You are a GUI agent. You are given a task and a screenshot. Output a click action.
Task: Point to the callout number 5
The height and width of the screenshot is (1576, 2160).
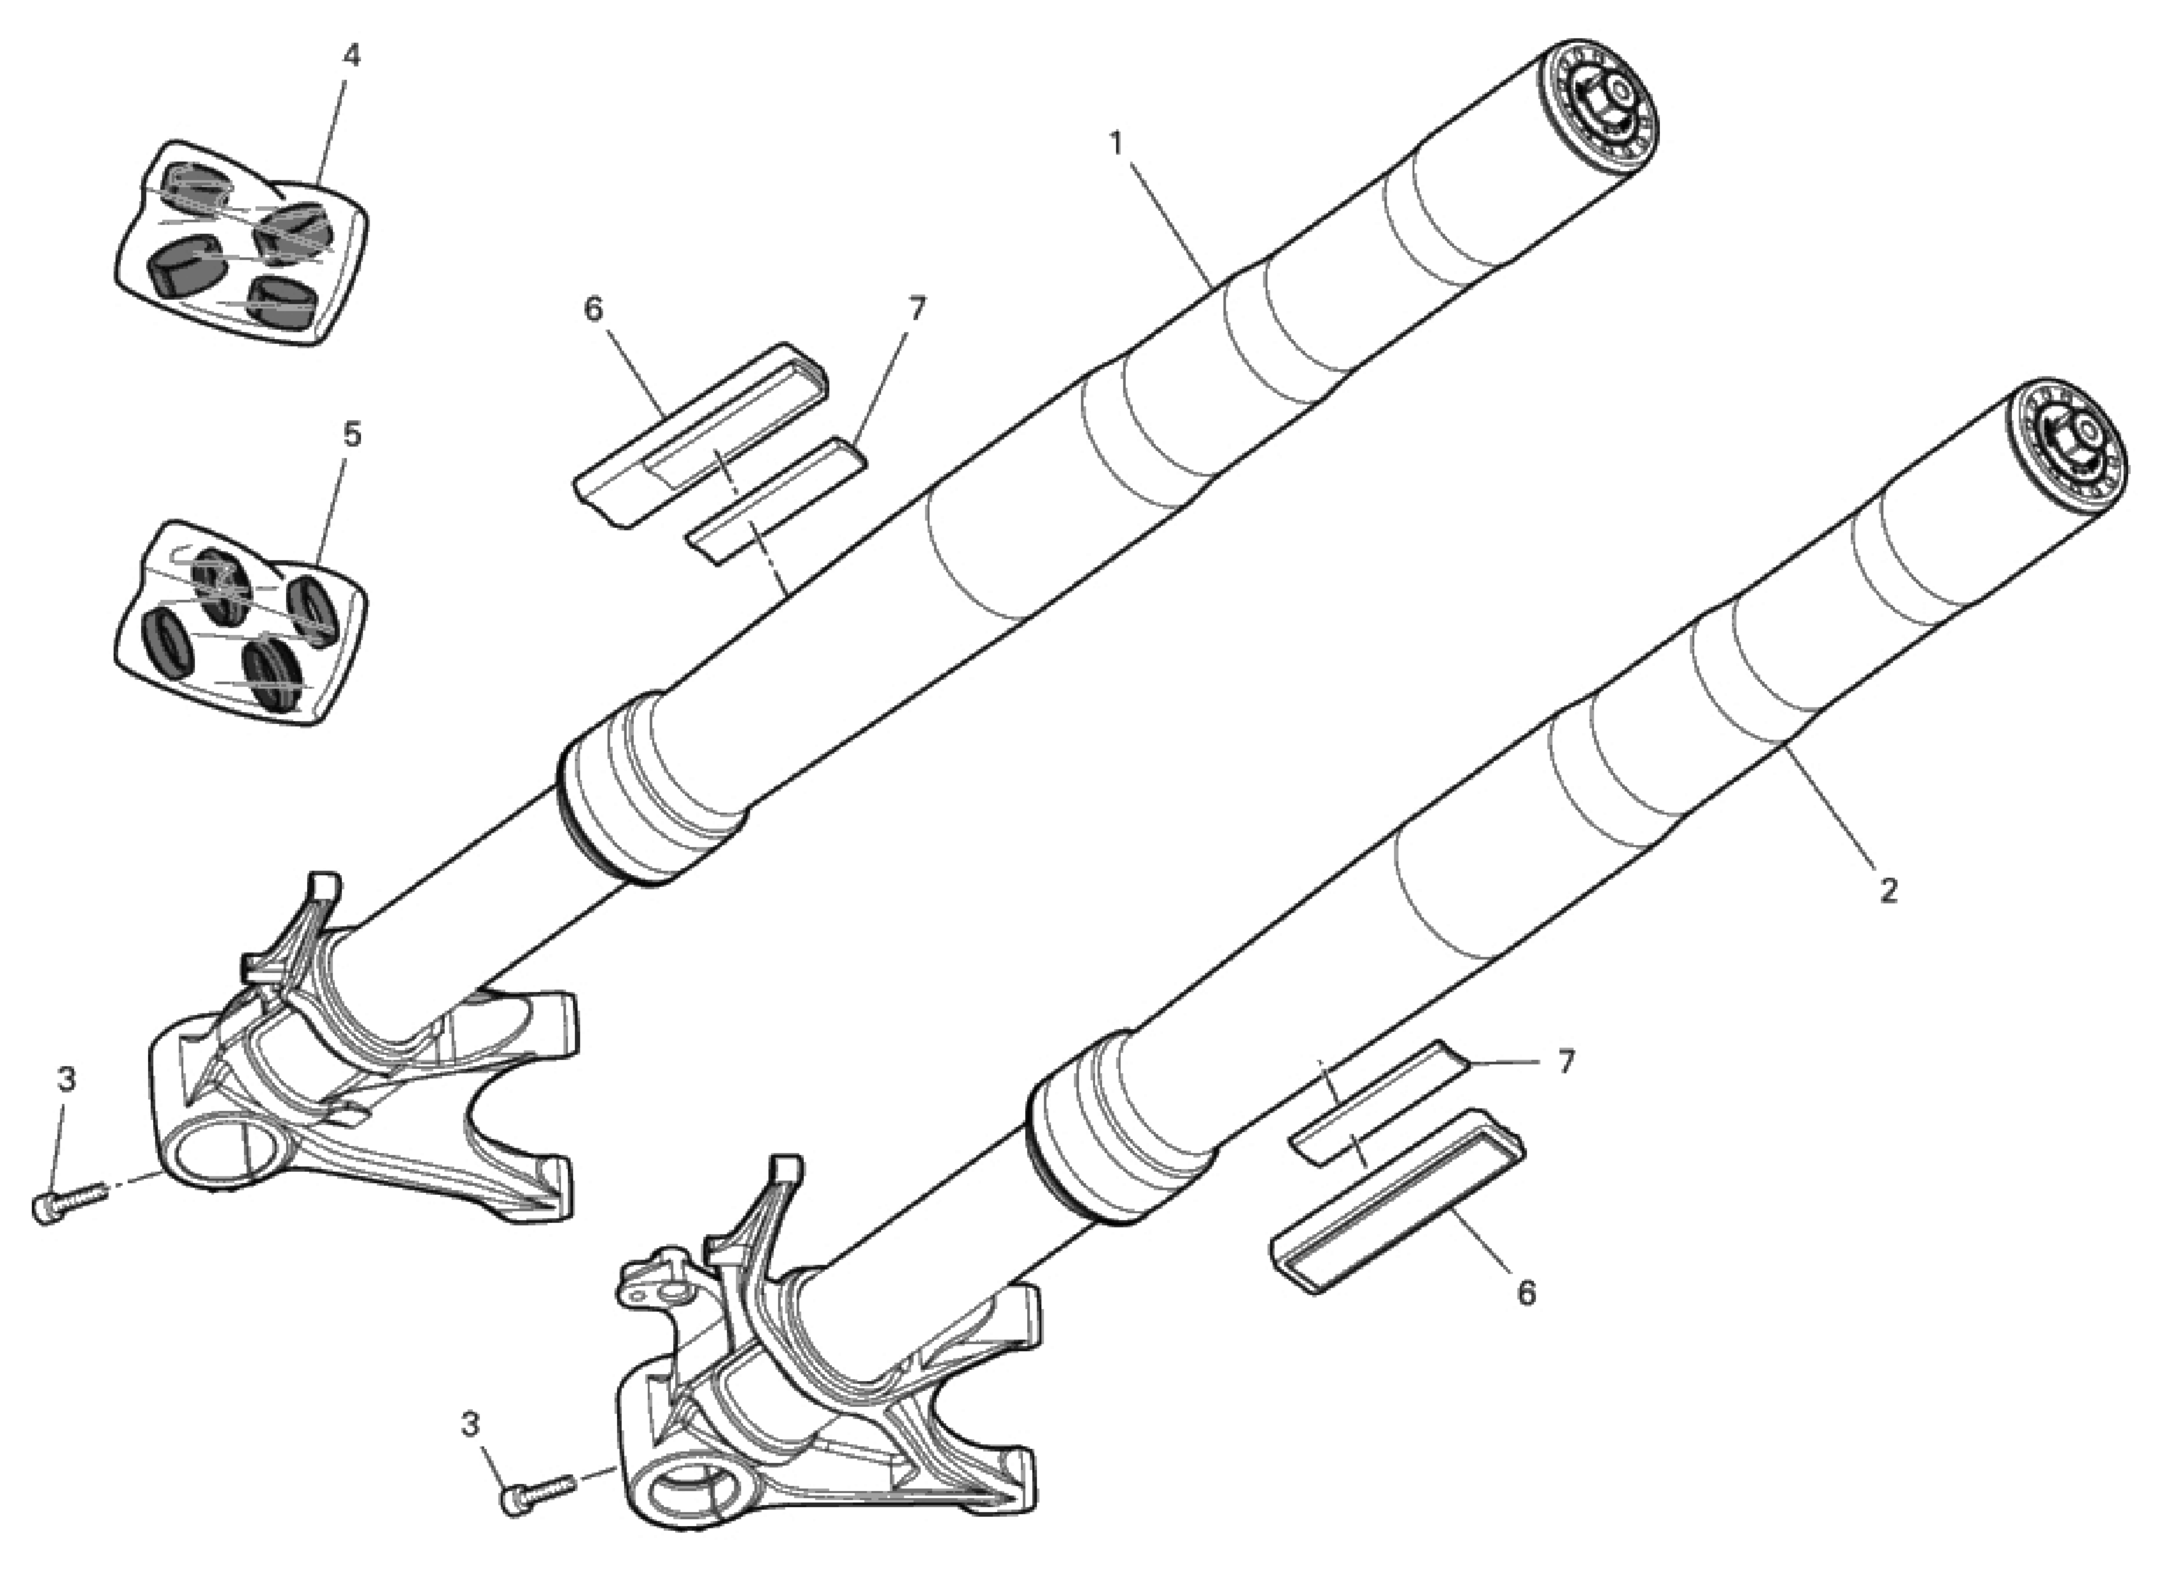point(352,436)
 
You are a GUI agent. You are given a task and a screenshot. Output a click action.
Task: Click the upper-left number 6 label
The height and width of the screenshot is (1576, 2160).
point(593,309)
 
